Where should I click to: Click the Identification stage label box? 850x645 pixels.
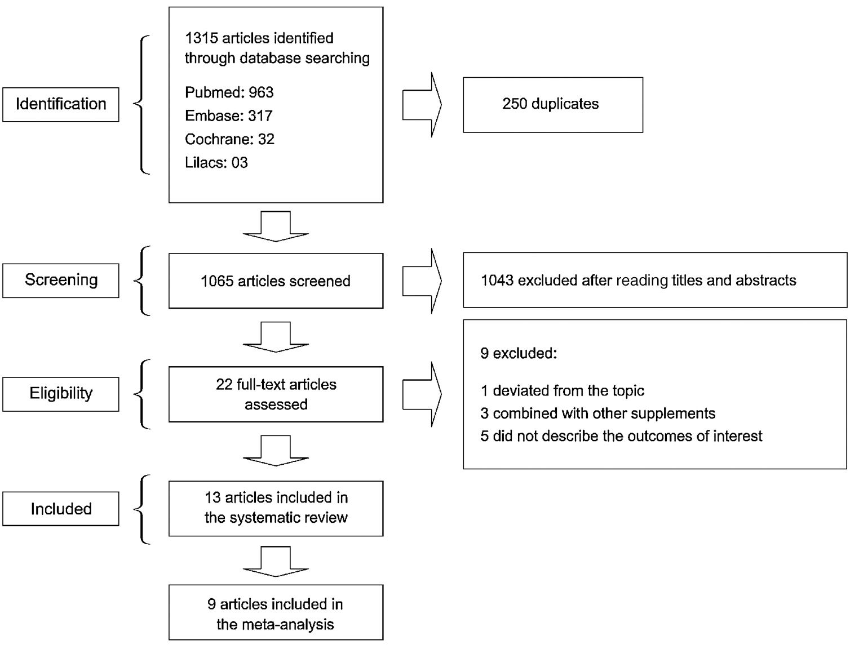click(x=61, y=104)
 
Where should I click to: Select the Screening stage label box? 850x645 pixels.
click(x=61, y=280)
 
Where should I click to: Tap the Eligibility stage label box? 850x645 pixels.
click(x=61, y=393)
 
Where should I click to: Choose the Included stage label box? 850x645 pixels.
click(x=61, y=509)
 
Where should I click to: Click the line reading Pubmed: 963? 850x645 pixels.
click(x=229, y=92)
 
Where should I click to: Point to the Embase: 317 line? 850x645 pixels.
click(x=228, y=116)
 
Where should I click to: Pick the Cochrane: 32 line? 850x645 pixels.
click(x=229, y=139)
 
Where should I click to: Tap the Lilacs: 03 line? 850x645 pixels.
click(x=216, y=163)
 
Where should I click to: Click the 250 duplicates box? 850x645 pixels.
click(x=552, y=105)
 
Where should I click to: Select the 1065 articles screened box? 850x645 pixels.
click(x=276, y=281)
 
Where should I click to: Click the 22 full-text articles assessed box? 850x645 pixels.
click(x=276, y=394)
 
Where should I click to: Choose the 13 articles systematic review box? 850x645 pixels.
click(x=276, y=508)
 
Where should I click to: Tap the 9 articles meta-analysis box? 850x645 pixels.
click(x=276, y=613)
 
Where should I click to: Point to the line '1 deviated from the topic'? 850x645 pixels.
click(x=562, y=391)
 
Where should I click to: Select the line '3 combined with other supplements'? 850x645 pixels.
click(x=597, y=413)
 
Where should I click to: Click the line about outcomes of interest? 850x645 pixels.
click(x=621, y=436)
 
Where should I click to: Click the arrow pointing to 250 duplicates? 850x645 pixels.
click(x=422, y=105)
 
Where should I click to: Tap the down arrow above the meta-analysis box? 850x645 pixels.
click(x=276, y=562)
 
